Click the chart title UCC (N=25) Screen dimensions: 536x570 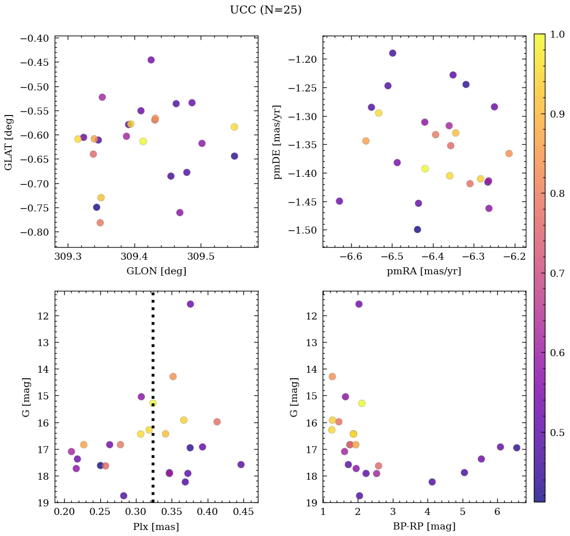pos(265,10)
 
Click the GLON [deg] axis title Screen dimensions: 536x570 pos(156,271)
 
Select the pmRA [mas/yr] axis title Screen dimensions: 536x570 pos(424,271)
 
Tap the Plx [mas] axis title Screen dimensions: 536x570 pos(156,526)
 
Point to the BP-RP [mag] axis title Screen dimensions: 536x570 pos(424,526)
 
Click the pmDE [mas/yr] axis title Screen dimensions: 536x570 pos(277,142)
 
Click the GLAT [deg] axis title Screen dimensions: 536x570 pos(9,142)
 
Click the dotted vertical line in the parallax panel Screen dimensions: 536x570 pos(153,352)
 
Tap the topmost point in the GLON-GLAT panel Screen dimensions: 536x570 pos(151,60)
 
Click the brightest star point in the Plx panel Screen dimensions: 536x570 pos(190,304)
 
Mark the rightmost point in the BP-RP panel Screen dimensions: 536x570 pos(517,448)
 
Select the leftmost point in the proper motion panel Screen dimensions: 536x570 pos(339,201)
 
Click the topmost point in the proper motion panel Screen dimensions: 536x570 pos(392,53)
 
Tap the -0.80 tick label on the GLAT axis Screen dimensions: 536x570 pos(36,232)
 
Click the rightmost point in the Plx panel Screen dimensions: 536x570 pos(241,465)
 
